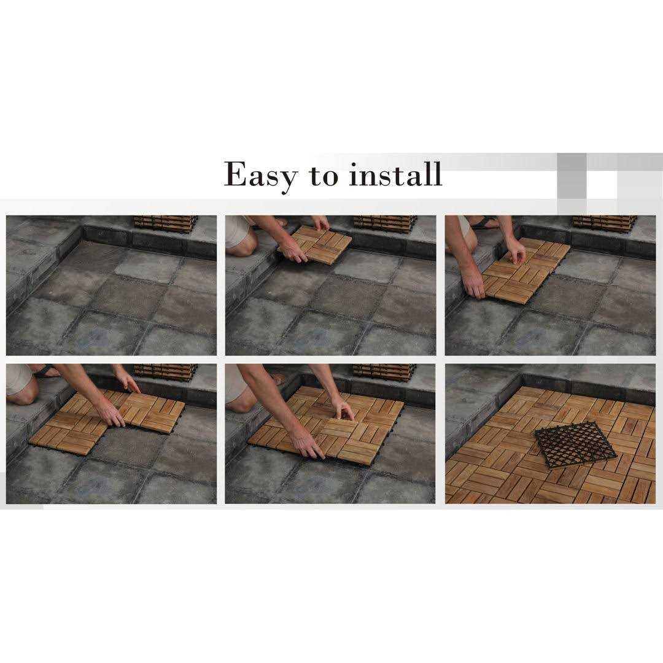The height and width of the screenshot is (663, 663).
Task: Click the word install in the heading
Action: click(395, 174)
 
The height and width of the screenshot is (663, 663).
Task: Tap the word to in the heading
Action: click(324, 176)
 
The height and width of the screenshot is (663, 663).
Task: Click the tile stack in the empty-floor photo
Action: click(166, 224)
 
